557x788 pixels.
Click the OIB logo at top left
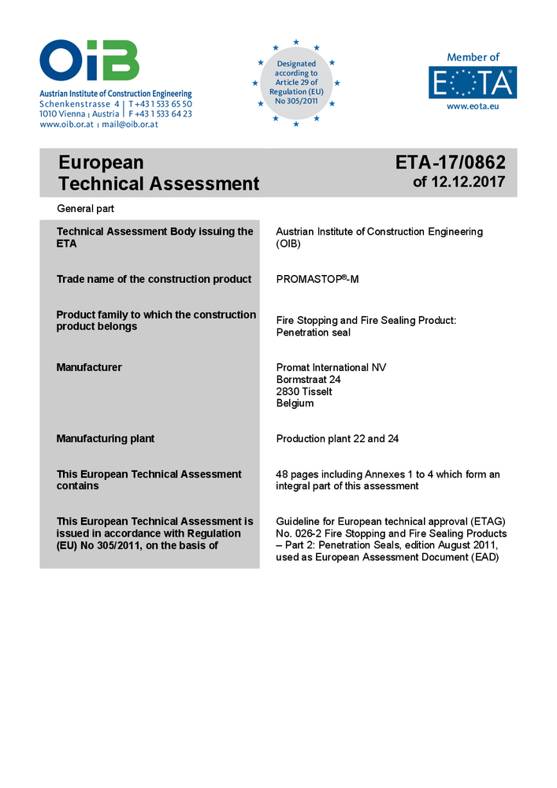(89, 61)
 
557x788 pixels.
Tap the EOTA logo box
(473, 83)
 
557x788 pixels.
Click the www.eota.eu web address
(473, 106)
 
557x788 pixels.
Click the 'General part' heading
(86, 209)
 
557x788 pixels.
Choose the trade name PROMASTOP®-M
(317, 279)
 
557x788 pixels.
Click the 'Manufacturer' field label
(89, 367)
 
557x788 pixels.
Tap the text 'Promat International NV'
(332, 367)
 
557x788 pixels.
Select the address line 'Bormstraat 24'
(308, 379)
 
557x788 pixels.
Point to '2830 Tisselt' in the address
(304, 391)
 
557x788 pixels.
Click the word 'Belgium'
(295, 403)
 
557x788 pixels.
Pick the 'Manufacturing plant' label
(106, 438)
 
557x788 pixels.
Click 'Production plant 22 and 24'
(337, 438)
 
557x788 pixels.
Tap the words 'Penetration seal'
(314, 332)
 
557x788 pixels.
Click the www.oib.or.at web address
(67, 125)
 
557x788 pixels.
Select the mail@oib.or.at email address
(129, 125)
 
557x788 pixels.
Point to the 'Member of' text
(473, 58)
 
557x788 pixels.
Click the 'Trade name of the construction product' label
(154, 279)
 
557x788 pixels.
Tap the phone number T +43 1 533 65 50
(160, 104)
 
